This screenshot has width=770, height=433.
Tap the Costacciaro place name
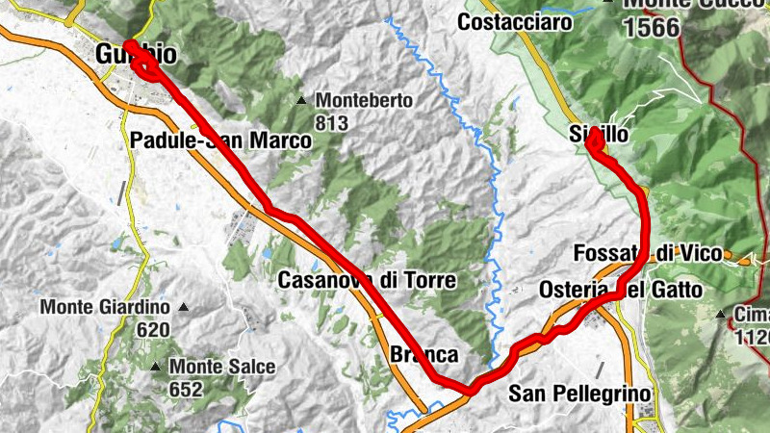pyautogui.click(x=516, y=21)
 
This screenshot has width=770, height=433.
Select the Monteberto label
pyautogui.click(x=364, y=100)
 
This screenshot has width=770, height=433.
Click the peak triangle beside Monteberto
pyautogui.click(x=302, y=100)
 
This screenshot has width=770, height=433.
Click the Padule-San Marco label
pyautogui.click(x=220, y=141)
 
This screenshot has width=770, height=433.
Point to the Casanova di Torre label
pyautogui.click(x=367, y=280)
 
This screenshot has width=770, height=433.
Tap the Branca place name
pyautogui.click(x=423, y=354)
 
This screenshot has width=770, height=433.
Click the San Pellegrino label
pyautogui.click(x=579, y=394)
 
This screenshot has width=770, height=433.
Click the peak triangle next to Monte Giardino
pyautogui.click(x=183, y=308)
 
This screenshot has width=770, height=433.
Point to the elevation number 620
pyautogui.click(x=152, y=330)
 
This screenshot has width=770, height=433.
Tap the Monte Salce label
pyautogui.click(x=221, y=367)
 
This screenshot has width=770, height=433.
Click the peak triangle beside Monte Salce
pyautogui.click(x=156, y=367)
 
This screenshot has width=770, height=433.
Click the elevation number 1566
pyautogui.click(x=652, y=27)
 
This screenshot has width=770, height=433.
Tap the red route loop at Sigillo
pyautogui.click(x=594, y=142)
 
